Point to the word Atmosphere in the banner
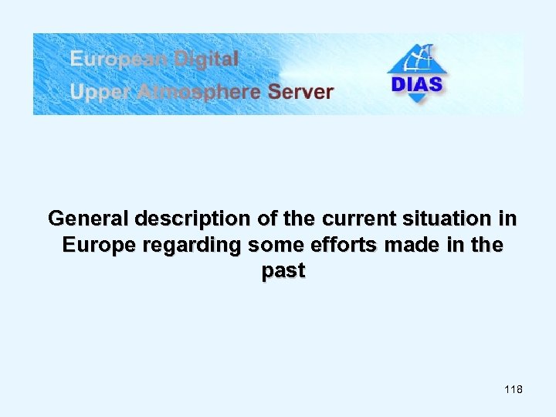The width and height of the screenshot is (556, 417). (199, 93)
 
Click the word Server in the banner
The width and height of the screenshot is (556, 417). (301, 93)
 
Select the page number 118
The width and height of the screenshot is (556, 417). (513, 390)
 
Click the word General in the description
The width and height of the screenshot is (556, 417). (83, 219)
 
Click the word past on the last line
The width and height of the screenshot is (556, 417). (283, 272)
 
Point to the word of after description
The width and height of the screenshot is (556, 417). (267, 219)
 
